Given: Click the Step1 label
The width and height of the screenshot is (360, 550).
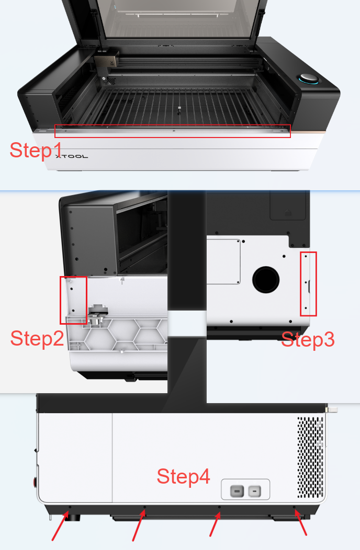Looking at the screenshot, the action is [x=36, y=150].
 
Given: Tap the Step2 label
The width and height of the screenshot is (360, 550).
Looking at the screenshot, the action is [x=37, y=338].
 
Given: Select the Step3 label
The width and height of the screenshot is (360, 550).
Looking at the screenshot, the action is [x=308, y=339].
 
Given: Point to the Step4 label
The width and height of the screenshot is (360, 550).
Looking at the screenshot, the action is [x=183, y=476].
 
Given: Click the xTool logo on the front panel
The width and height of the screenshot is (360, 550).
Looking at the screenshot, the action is [x=72, y=156].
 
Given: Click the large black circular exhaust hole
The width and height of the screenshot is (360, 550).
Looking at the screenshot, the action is [x=266, y=280].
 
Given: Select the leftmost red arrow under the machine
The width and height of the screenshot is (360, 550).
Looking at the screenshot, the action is [x=60, y=526].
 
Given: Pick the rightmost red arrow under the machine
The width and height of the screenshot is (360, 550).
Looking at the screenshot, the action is [x=301, y=523].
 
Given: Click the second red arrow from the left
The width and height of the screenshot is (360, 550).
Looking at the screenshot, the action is [x=139, y=526].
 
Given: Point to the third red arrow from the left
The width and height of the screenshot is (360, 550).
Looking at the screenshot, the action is [x=215, y=524].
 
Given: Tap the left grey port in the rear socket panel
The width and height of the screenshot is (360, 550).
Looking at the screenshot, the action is [x=237, y=491].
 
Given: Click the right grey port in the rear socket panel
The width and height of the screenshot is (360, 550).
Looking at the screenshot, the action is [x=255, y=491].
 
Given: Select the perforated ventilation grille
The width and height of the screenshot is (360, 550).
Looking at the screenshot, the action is [x=310, y=457].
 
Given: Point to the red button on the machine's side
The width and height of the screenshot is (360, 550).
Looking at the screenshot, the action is [x=35, y=483].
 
